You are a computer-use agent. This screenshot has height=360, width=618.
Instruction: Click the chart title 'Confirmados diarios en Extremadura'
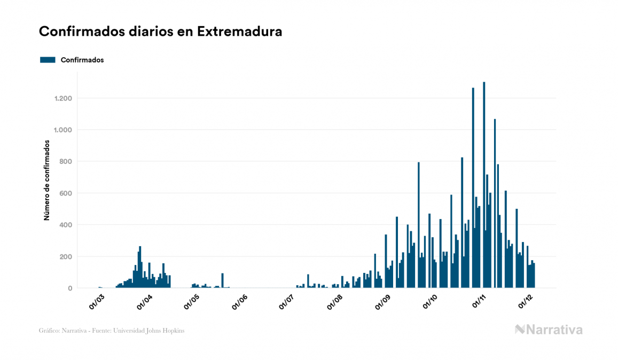(x=160, y=32)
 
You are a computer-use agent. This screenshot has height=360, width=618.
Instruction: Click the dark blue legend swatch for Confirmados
(x=48, y=60)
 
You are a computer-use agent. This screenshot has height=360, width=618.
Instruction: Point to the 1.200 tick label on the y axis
(x=63, y=98)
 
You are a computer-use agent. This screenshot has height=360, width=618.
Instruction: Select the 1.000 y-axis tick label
(x=63, y=130)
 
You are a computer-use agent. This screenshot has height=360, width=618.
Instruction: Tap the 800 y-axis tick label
(x=66, y=161)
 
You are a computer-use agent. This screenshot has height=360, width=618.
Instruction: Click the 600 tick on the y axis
(x=66, y=193)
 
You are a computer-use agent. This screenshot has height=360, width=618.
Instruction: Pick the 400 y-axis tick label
(x=66, y=225)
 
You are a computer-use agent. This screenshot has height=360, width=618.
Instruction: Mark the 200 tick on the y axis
(x=66, y=256)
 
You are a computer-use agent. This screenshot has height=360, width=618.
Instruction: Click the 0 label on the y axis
(x=70, y=288)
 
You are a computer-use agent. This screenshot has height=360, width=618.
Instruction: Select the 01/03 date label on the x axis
(x=98, y=302)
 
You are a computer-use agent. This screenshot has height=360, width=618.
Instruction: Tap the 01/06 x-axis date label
(x=240, y=302)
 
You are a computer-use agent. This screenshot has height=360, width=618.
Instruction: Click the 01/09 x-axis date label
(x=383, y=302)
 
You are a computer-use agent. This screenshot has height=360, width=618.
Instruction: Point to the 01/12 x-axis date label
(x=526, y=302)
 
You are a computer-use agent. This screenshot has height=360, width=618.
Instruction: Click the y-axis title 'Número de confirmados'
(x=47, y=181)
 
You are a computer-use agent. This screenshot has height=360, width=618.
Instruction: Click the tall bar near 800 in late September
(x=418, y=224)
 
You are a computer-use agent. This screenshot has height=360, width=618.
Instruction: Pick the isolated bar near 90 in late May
(x=222, y=280)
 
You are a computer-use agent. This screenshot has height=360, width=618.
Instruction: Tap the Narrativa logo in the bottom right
(x=549, y=330)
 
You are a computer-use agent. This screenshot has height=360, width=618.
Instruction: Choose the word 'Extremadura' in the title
(x=239, y=32)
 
